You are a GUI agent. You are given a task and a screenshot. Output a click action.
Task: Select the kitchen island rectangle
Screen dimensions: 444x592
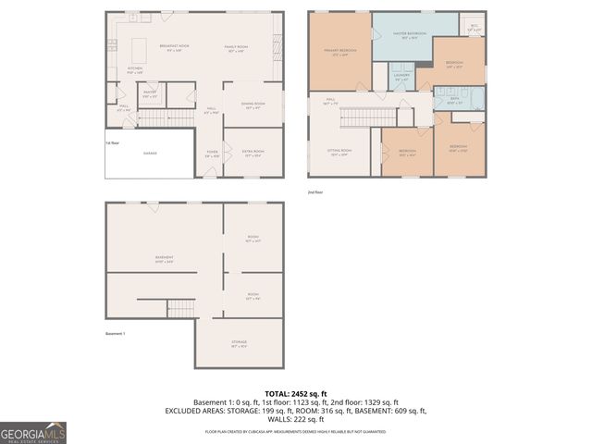141,47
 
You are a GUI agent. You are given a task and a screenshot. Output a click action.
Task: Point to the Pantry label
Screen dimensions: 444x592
150,93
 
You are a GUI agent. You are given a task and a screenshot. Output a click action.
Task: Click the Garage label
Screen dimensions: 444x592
150,153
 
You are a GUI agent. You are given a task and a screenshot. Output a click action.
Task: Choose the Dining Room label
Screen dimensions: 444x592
253,105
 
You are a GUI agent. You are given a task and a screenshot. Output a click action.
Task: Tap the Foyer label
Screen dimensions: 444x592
212,154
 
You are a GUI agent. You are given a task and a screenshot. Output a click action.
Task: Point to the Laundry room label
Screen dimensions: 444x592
402,79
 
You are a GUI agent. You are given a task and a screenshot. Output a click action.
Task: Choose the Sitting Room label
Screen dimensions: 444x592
340,152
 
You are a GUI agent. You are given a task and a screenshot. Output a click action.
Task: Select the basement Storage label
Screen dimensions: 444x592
239,344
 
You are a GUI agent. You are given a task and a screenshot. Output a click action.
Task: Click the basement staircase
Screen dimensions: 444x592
180,307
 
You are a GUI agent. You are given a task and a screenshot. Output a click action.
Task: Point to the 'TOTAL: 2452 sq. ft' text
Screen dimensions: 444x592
296,393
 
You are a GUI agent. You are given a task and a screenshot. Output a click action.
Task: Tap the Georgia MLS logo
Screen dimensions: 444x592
33,433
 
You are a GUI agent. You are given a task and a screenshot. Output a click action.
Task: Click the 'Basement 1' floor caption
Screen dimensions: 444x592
115,333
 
